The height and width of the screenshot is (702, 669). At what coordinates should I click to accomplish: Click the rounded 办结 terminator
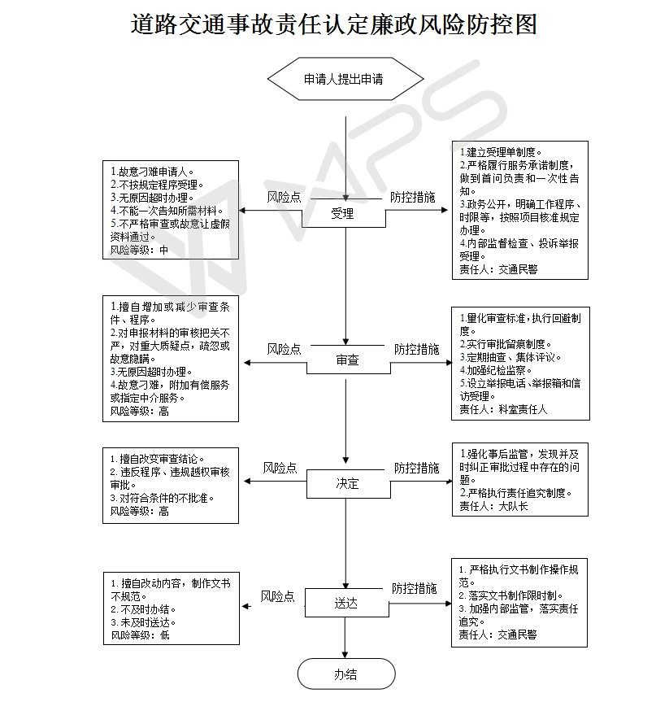[346, 674]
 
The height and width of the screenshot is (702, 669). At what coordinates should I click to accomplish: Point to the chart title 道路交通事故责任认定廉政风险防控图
[334, 24]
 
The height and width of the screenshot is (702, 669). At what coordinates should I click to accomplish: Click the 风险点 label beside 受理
[285, 197]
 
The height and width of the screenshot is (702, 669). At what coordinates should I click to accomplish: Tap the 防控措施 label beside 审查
[417, 349]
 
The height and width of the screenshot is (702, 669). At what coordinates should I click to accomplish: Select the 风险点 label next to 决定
[280, 468]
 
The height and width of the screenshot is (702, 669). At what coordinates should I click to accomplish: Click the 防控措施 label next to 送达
[415, 588]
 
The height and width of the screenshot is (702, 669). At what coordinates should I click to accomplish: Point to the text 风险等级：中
[139, 250]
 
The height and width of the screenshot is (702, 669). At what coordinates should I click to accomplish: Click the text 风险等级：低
[141, 634]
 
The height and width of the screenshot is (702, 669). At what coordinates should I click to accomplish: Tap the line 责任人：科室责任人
[503, 409]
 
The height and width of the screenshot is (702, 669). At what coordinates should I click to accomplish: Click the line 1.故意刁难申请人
[152, 172]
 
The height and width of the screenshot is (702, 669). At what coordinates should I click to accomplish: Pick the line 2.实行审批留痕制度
[506, 344]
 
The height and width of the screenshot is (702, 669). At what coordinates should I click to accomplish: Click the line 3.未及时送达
[143, 622]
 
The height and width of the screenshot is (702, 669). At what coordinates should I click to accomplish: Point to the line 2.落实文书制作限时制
[510, 596]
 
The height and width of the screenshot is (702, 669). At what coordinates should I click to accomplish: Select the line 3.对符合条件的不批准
[162, 498]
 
